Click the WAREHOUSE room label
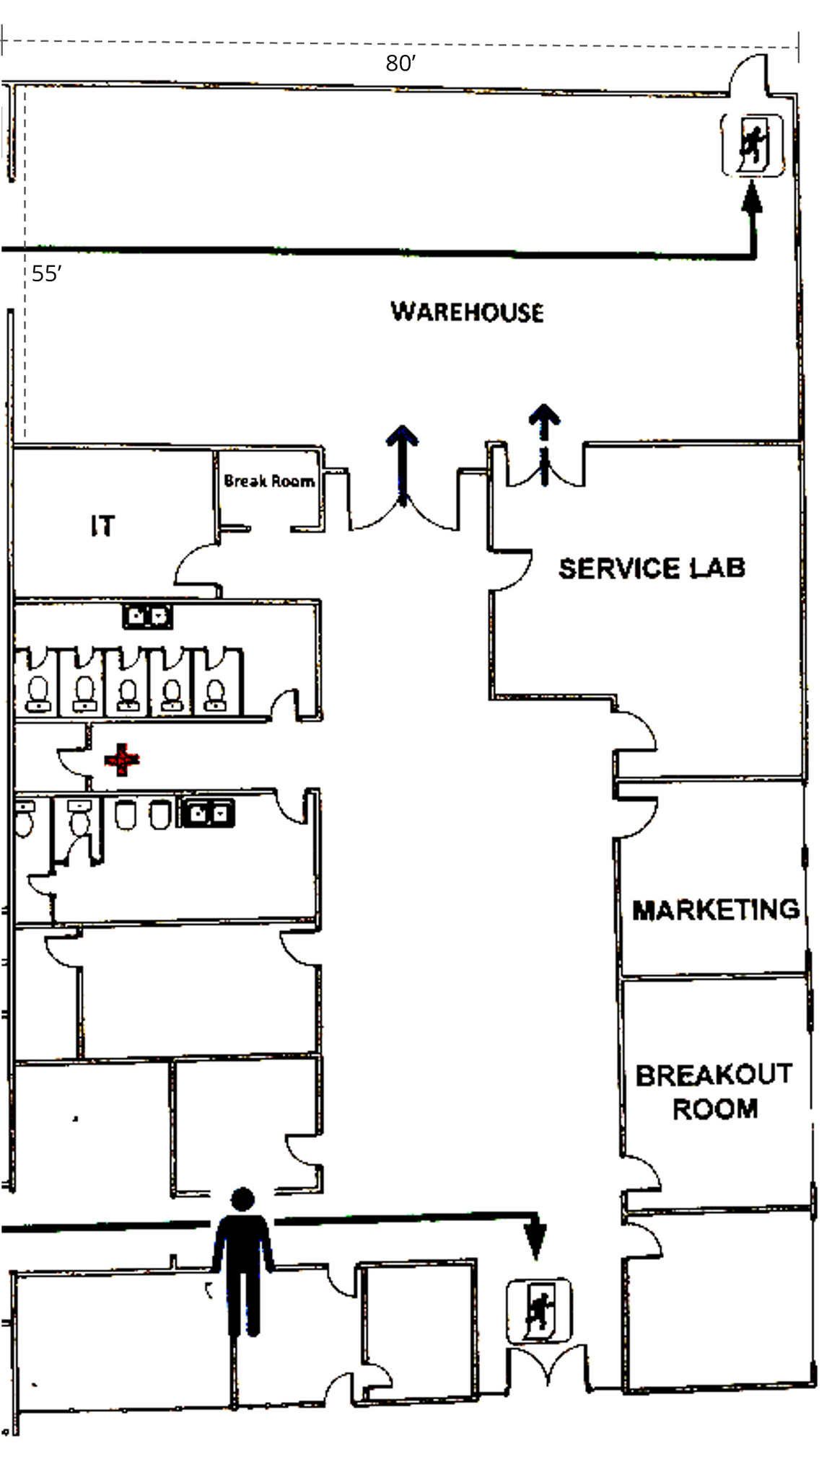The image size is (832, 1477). coord(467,312)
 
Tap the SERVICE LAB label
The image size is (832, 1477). coord(651,568)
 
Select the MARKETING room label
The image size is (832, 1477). coord(715,909)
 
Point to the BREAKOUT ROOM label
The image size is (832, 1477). coord(714,1091)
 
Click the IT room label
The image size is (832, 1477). coord(102,526)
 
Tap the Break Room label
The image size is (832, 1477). coord(268,480)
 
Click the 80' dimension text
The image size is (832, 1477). coord(400,64)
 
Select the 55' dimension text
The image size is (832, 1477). coord(46,274)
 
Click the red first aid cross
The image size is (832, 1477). coord(122,759)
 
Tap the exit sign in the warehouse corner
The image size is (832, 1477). coord(753,145)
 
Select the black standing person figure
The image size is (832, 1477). coord(243,1262)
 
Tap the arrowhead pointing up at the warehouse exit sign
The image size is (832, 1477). coord(752,198)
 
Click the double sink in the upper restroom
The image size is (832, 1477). coord(147,617)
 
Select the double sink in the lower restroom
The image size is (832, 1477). coord(207,814)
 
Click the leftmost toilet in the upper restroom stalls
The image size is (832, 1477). coord(38,692)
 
